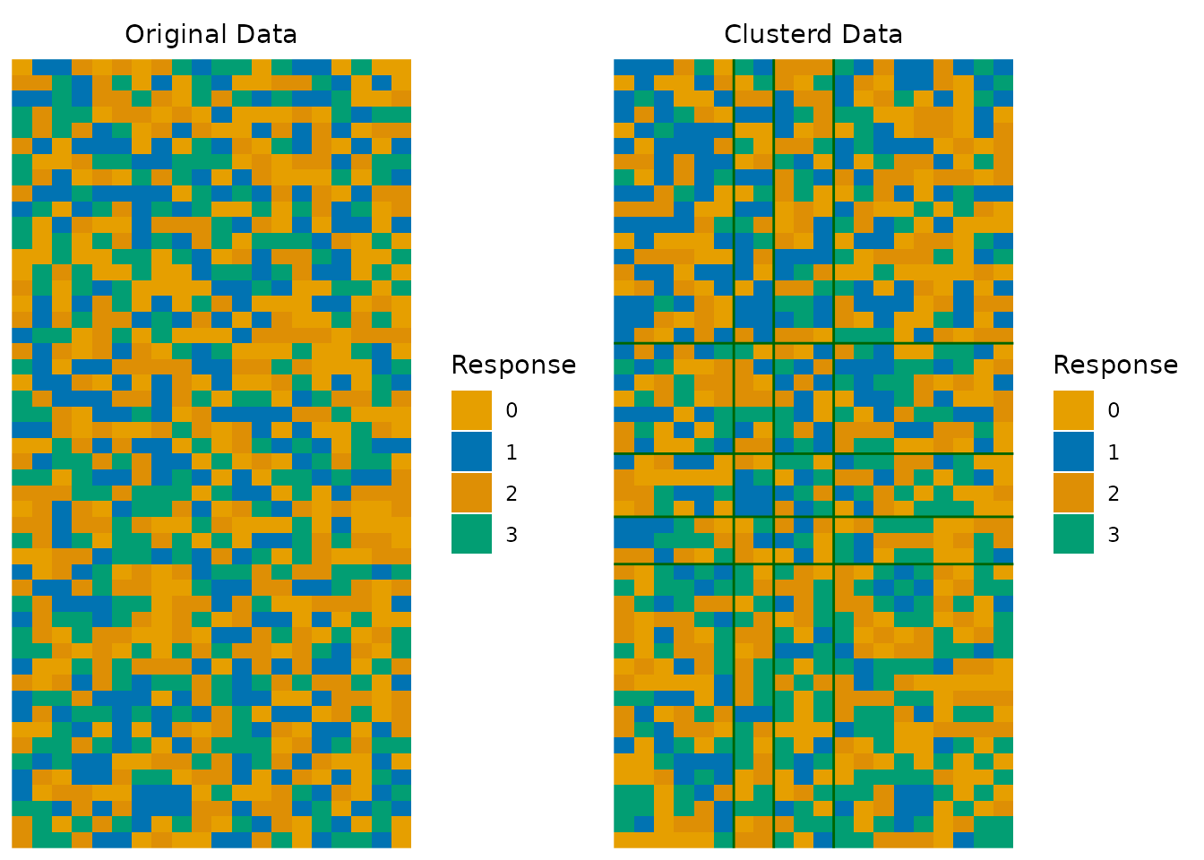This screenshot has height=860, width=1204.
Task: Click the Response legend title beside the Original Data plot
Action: (513, 365)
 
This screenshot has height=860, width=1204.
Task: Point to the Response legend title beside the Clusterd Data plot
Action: (1115, 365)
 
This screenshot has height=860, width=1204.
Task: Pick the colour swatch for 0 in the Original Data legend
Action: (471, 410)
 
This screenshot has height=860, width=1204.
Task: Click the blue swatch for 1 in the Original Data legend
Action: (471, 451)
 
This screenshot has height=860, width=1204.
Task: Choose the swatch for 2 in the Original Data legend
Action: (471, 493)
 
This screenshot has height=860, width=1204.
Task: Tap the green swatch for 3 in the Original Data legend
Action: (471, 534)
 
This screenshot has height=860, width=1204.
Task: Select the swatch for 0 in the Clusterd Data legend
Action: (1073, 410)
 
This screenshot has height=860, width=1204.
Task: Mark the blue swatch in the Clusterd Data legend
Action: (1073, 451)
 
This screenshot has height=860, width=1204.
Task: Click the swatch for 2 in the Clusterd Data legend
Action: (1073, 493)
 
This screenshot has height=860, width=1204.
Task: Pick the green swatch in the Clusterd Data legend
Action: (1073, 534)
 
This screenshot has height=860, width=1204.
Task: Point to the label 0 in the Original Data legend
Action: (512, 410)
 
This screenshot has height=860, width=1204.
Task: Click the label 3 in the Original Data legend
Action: (512, 535)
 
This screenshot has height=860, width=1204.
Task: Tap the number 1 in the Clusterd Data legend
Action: (1114, 452)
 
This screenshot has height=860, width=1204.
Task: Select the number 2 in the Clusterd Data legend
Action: (1114, 494)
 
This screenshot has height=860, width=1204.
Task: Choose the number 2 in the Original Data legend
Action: (512, 494)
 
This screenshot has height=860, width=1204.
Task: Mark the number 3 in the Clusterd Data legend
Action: (1114, 535)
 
